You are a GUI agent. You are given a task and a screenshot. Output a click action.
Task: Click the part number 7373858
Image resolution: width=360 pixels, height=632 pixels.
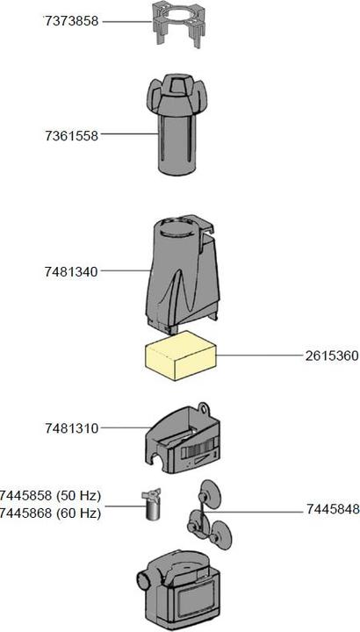coord(72,20)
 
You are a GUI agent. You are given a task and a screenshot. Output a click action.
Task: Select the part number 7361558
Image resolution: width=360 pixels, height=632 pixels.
coord(72,135)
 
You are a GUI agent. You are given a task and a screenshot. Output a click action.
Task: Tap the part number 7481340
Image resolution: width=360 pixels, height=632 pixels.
coord(72,271)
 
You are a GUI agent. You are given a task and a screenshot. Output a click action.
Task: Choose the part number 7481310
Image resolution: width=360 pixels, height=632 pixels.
coord(72,428)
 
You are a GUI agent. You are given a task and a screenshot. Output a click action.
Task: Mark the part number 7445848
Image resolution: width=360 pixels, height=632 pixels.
coord(332,509)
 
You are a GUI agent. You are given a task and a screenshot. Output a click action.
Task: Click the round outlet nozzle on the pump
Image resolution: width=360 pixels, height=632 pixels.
coord(142,582)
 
